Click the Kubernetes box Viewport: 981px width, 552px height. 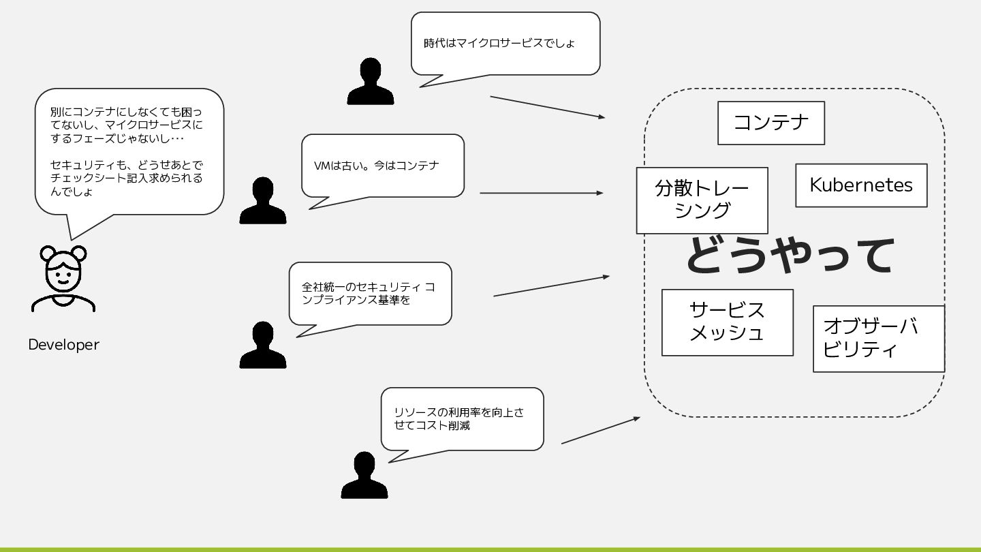click(861, 185)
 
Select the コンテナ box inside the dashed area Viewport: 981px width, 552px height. click(770, 123)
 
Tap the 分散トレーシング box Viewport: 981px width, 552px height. click(702, 200)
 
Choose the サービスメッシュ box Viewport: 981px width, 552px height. click(727, 322)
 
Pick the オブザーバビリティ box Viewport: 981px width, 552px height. click(878, 338)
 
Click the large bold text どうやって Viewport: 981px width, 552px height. click(789, 256)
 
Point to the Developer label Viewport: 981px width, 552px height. click(63, 345)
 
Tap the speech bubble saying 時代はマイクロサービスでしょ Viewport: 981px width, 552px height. click(505, 43)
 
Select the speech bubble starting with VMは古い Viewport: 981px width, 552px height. click(382, 166)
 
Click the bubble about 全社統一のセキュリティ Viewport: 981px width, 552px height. click(370, 293)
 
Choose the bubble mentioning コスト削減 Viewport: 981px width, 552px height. click(462, 418)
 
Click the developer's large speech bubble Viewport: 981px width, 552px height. click(129, 151)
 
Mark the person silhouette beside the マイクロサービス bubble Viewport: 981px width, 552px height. click(371, 82)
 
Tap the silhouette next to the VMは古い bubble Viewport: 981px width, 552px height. click(263, 201)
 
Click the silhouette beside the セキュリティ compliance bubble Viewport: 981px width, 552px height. click(263, 346)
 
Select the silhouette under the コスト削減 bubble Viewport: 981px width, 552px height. click(364, 475)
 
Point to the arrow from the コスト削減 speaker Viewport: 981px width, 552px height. click(600, 431)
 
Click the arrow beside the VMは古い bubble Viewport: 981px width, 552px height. click(541, 193)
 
